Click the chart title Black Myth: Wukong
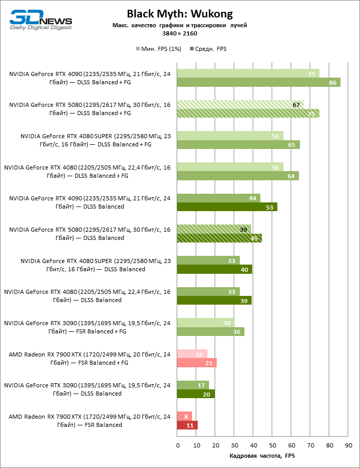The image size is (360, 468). (180, 13)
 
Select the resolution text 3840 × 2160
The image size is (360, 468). (180, 33)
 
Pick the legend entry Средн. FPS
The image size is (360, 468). (208, 49)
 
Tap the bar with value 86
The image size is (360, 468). (258, 82)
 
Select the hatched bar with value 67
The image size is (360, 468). (240, 105)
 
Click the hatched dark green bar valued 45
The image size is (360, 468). (219, 238)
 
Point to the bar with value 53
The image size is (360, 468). (227, 207)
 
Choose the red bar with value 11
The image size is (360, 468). (187, 425)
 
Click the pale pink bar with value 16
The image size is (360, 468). (192, 354)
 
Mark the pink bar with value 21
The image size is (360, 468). (197, 363)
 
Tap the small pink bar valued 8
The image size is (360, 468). (184, 416)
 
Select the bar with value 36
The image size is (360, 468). (211, 332)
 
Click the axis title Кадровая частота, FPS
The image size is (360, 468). (262, 456)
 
